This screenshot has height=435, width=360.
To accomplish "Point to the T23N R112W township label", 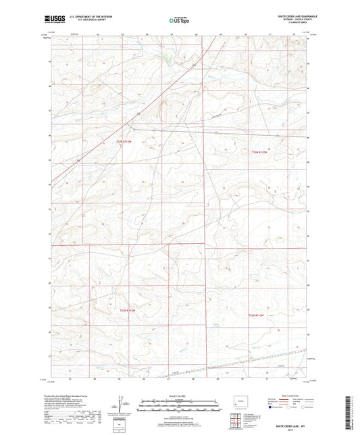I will pos(260,153).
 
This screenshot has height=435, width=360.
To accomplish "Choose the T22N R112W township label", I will pos(260,315).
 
